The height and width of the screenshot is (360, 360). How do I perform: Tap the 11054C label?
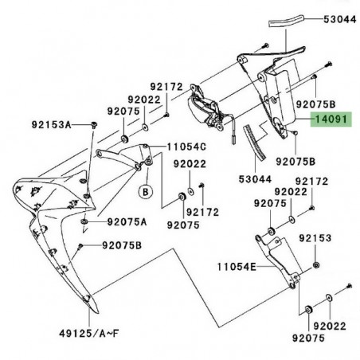coord(186,147)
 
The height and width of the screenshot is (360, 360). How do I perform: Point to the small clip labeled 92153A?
coord(94,125)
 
